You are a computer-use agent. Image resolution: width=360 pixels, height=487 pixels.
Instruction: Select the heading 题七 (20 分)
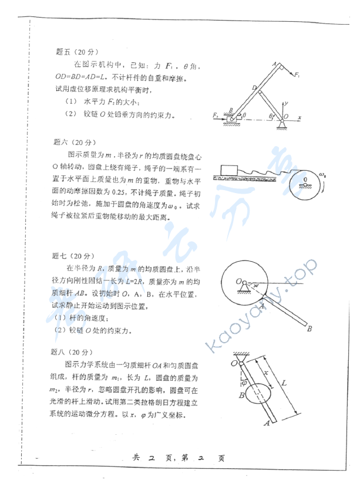click(72, 256)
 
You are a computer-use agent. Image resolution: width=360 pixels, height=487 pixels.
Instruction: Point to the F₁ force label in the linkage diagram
click(298, 76)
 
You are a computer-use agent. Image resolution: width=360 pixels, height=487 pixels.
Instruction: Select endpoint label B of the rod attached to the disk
click(309, 330)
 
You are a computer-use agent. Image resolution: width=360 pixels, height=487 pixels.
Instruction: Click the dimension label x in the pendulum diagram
click(265, 373)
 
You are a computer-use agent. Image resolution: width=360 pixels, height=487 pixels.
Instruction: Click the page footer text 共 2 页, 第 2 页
click(179, 458)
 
